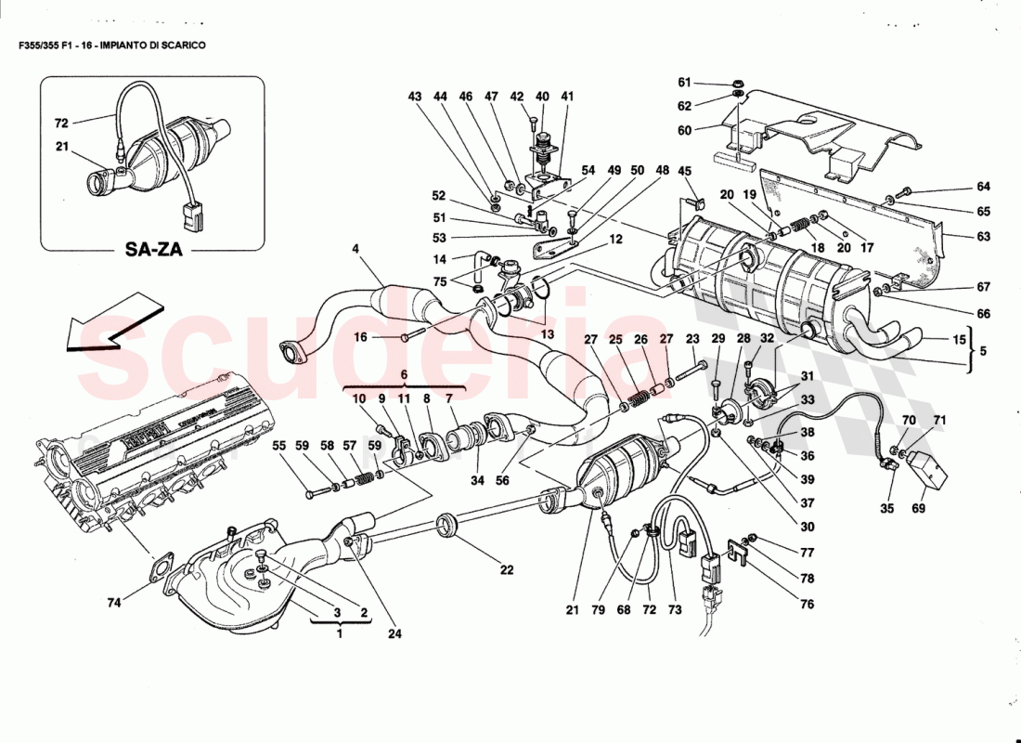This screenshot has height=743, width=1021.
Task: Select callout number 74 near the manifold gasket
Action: [x=113, y=603]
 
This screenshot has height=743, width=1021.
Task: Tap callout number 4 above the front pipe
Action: [x=355, y=248]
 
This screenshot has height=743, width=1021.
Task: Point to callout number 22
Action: [x=507, y=570]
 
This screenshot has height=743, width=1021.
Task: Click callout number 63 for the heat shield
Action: [x=983, y=236]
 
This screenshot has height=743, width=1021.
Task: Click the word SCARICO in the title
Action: [x=183, y=45]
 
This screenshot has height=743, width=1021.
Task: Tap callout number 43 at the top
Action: [x=415, y=97]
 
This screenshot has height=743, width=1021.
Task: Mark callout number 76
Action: [x=807, y=605]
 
